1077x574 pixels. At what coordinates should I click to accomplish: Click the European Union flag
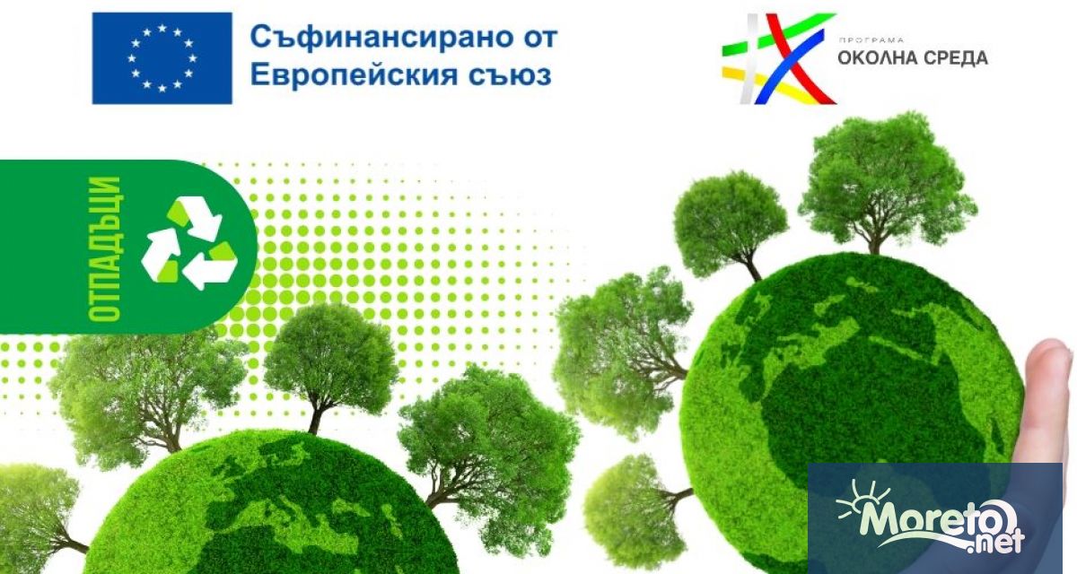pyautogui.click(x=162, y=58)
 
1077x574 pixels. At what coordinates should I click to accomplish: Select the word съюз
pyautogui.click(x=514, y=74)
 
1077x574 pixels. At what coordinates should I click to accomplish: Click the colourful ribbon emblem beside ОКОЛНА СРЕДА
pyautogui.click(x=777, y=58)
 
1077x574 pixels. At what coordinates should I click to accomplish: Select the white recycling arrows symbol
pyautogui.click(x=188, y=244)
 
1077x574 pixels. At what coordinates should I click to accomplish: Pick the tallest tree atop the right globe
pyautogui.click(x=884, y=179)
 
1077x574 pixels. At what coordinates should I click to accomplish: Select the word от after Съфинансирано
pyautogui.click(x=536, y=39)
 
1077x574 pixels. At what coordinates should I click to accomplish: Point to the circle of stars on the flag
pyautogui.click(x=162, y=58)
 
